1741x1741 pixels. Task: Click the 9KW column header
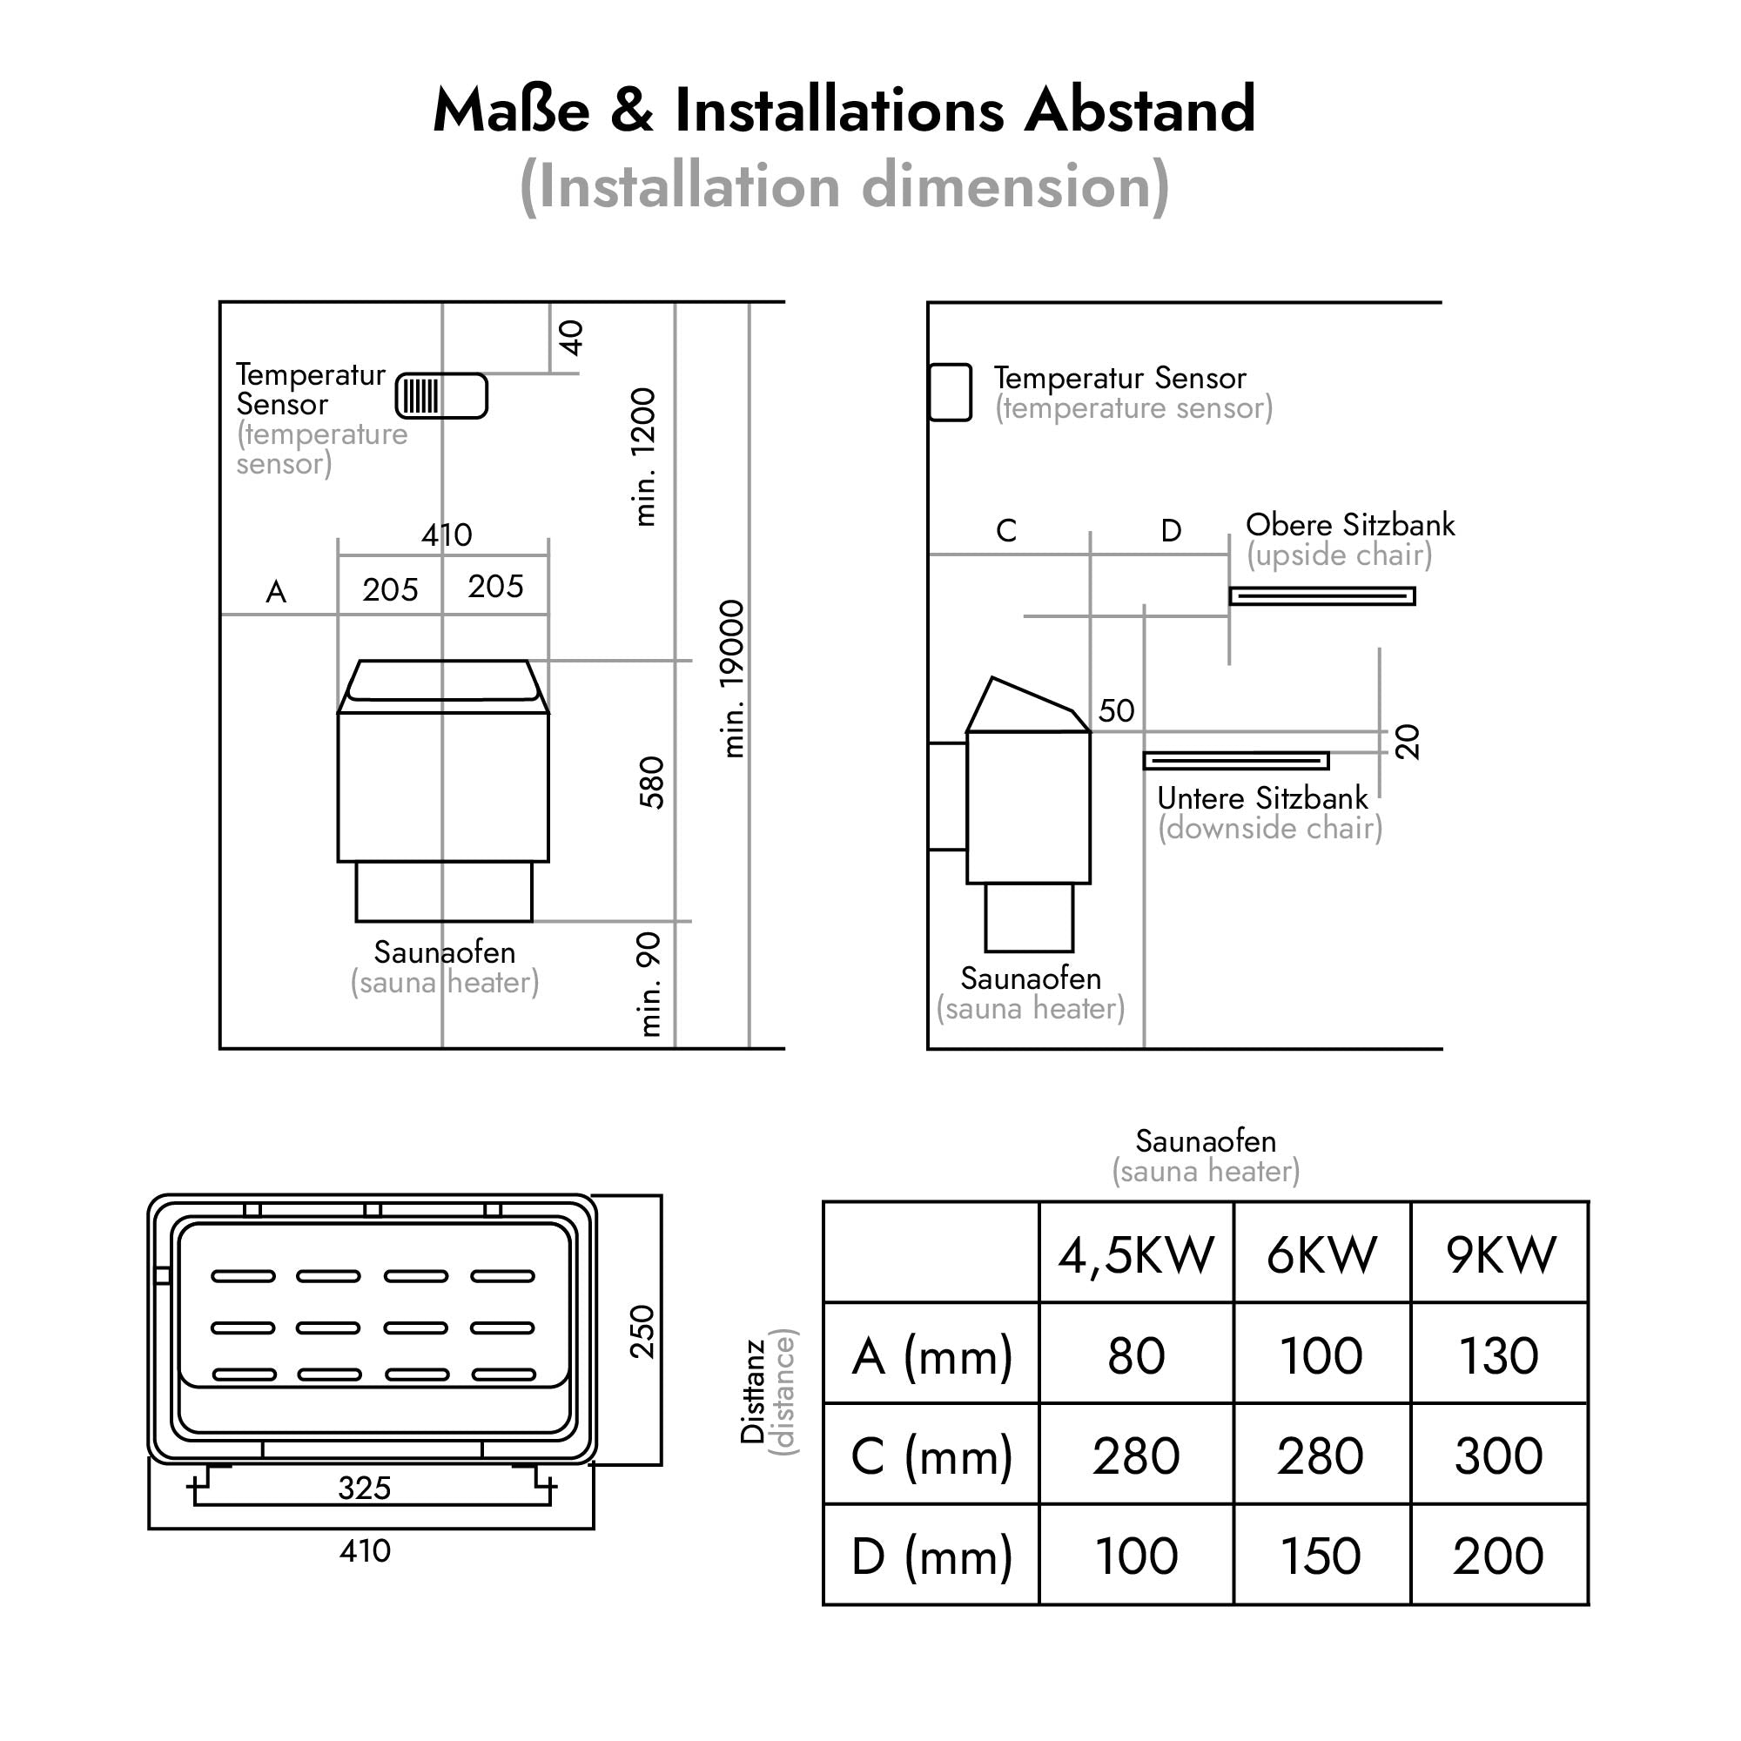coord(1501,1254)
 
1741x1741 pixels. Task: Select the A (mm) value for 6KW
coord(1321,1355)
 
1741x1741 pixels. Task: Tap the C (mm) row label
coord(931,1456)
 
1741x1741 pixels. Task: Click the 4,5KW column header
coord(1136,1254)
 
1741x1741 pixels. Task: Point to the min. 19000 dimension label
coord(734,679)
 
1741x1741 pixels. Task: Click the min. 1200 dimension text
coord(644,457)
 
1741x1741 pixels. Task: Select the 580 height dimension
coord(650,783)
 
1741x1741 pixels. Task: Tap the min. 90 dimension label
coord(649,984)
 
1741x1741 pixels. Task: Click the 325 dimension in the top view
coord(364,1488)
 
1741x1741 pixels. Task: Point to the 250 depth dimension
coord(642,1331)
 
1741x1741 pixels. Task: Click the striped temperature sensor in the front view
coord(441,395)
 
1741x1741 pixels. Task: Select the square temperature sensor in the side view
coord(950,392)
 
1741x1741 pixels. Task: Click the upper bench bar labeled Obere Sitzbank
coord(1322,595)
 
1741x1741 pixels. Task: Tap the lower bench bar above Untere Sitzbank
coord(1235,762)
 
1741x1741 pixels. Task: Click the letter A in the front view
coord(276,592)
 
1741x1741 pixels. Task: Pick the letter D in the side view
coord(1171,531)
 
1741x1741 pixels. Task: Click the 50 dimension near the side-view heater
coord(1117,711)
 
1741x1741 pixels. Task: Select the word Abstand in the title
coord(1140,110)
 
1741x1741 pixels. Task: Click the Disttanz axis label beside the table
coord(753,1392)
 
